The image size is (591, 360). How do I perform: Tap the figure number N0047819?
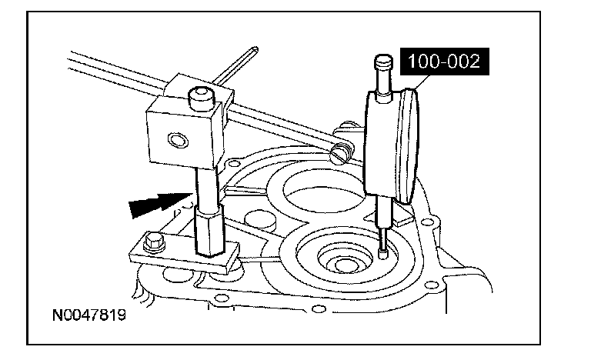89,315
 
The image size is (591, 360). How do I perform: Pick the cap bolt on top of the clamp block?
199,98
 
